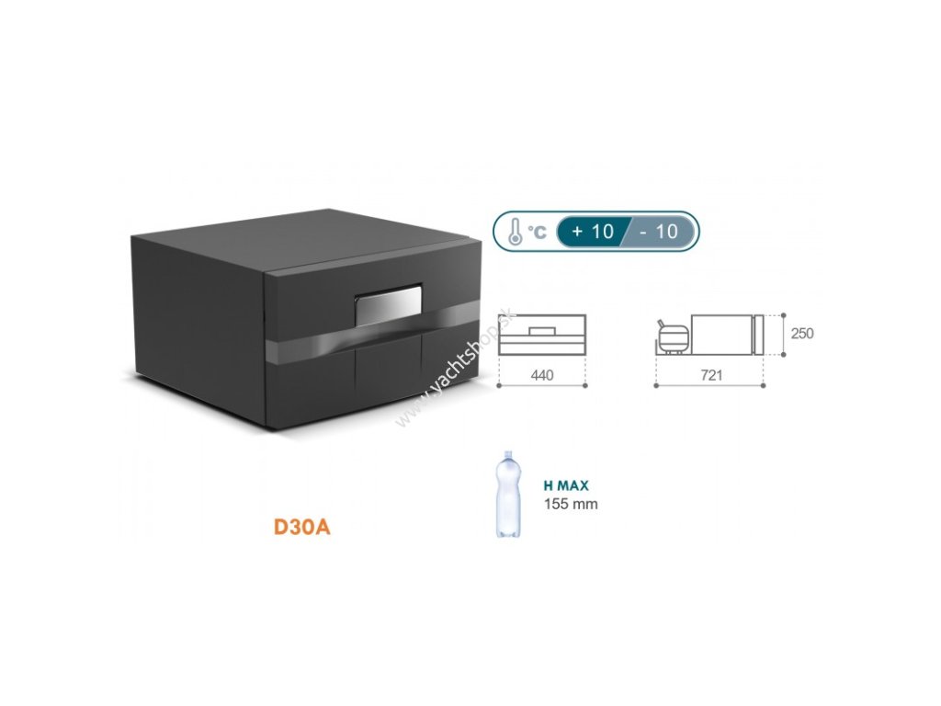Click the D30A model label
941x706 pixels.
301,529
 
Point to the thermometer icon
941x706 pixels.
516,231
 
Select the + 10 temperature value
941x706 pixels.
593,231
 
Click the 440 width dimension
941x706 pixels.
541,375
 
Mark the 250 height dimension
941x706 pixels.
801,334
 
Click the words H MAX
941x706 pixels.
565,486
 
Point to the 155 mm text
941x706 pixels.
570,504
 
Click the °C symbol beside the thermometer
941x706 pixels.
537,232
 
